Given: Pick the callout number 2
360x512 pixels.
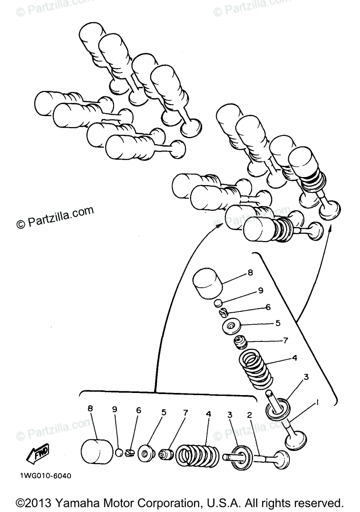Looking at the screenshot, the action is (x=249, y=414).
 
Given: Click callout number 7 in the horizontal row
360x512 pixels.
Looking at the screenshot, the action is (x=185, y=413).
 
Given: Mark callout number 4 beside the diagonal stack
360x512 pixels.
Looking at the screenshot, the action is (x=294, y=358).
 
